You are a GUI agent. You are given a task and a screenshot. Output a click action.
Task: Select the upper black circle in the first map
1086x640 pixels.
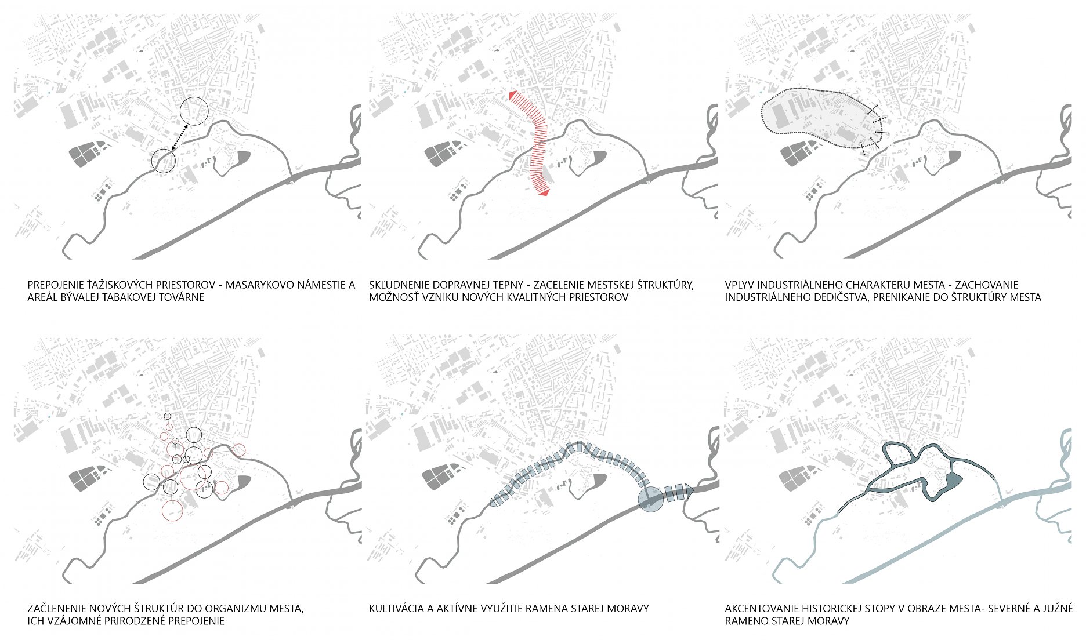pyautogui.click(x=194, y=111)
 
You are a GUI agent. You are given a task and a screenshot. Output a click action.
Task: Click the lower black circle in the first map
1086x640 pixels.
pyautogui.click(x=163, y=161)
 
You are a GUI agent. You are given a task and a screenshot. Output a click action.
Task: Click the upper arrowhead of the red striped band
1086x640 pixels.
pyautogui.click(x=513, y=96)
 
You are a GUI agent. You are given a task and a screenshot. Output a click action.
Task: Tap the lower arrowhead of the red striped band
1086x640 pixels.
pyautogui.click(x=544, y=192)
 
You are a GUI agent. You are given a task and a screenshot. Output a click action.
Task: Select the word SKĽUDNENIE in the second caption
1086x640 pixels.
pyautogui.click(x=397, y=285)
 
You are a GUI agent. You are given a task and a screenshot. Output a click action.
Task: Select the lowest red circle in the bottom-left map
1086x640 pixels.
pyautogui.click(x=172, y=510)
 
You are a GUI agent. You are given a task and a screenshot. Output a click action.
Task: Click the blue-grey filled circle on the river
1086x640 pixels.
pyautogui.click(x=650, y=499)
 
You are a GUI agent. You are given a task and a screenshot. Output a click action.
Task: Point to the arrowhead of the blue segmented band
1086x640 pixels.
pyautogui.click(x=689, y=490)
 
